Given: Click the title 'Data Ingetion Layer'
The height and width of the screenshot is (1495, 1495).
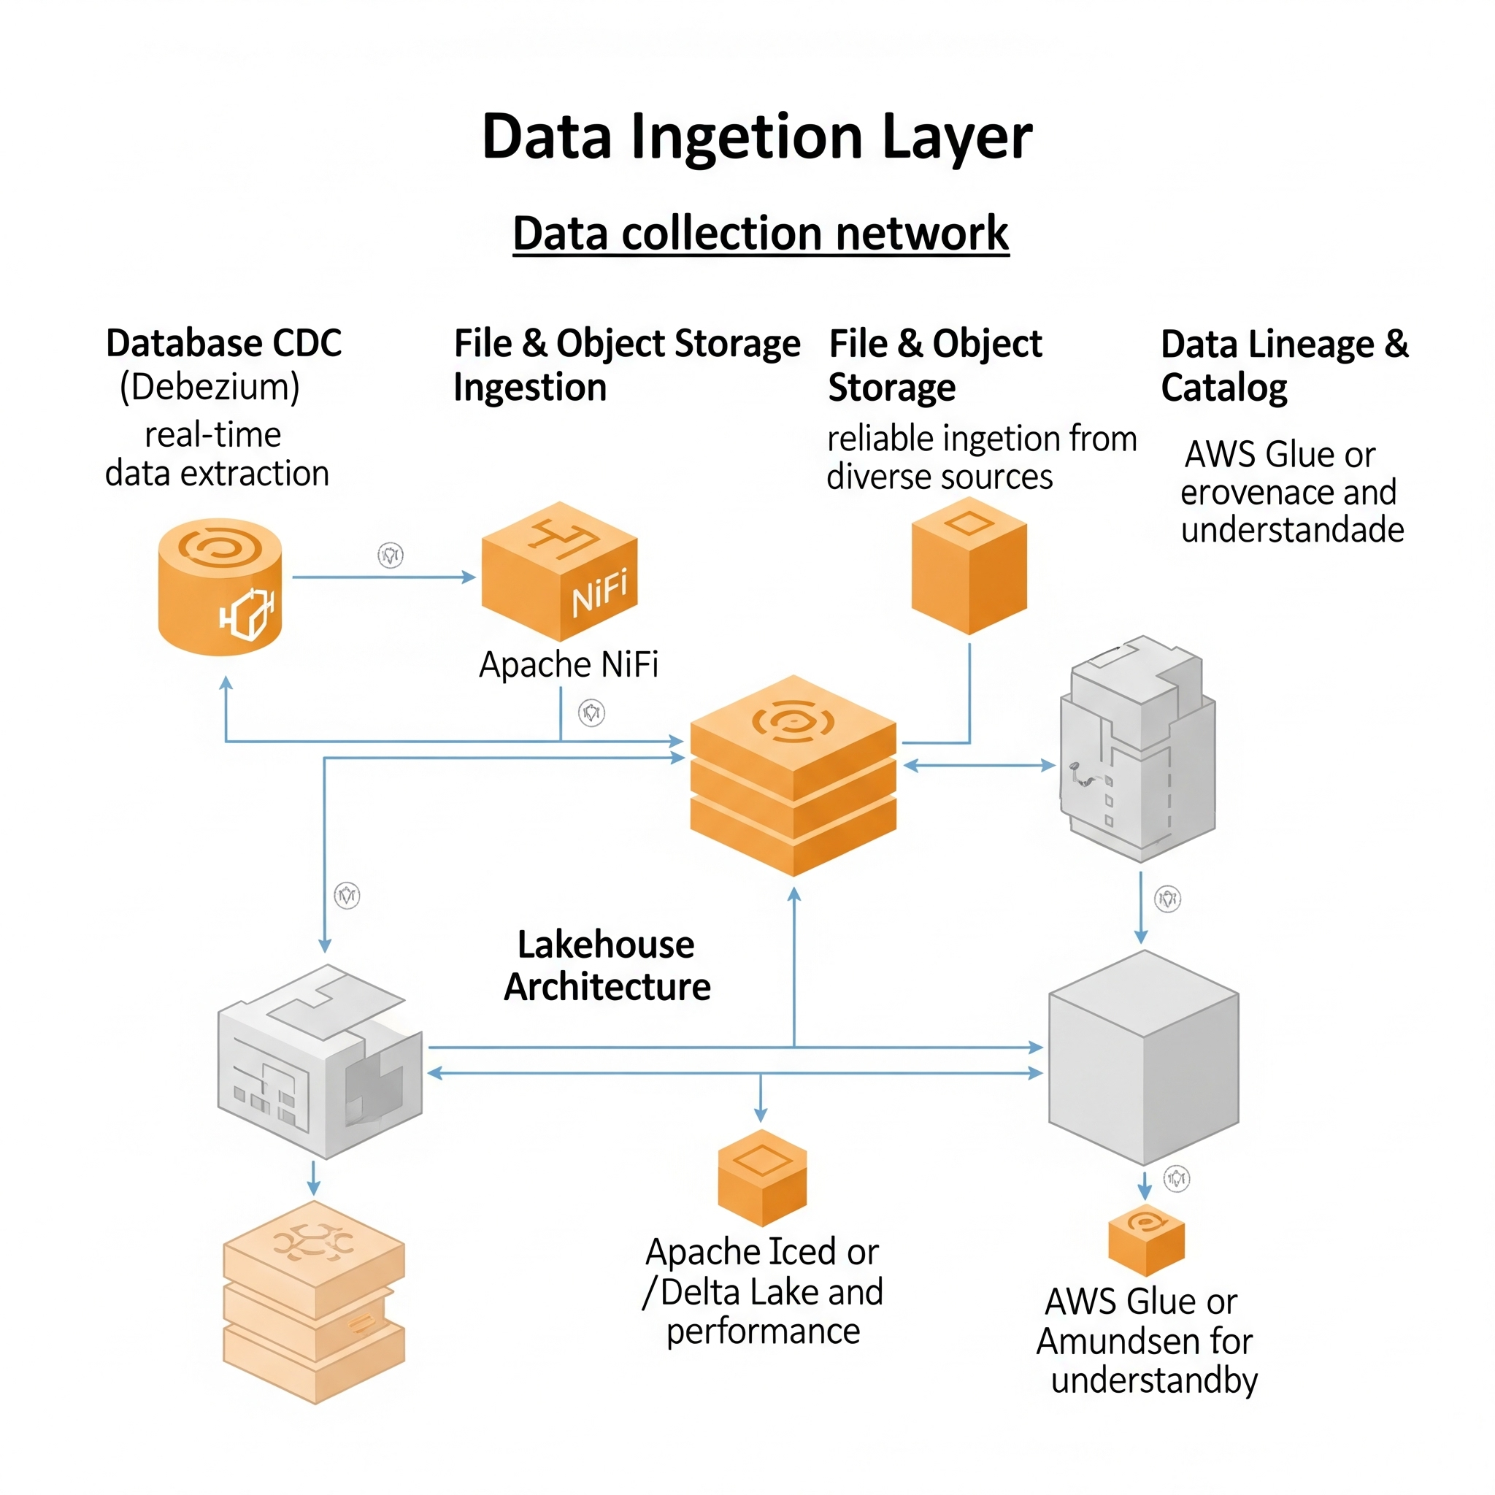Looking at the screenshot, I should (757, 137).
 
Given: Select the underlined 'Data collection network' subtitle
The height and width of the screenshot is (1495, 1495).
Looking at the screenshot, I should (761, 233).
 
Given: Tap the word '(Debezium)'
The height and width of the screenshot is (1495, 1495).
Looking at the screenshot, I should (210, 387).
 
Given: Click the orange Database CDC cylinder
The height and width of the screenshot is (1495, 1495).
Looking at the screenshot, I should (220, 587).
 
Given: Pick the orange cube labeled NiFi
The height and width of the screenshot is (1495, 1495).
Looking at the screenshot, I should (558, 571).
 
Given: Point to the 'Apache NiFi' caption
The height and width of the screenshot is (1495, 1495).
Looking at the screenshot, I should (568, 665).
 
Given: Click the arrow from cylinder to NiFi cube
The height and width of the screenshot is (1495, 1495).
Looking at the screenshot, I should (383, 577).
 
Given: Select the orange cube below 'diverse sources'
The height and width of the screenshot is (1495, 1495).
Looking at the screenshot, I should (969, 566).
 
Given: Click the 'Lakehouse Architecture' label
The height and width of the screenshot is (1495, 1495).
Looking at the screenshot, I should (607, 965).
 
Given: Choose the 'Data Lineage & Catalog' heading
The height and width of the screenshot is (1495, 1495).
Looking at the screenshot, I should (1285, 365).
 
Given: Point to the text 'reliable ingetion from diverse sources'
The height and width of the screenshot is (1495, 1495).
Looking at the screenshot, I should (981, 457).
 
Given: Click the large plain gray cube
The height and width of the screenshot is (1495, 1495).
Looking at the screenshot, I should (1143, 1058).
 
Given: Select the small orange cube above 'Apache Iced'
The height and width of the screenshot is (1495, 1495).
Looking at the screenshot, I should (762, 1177).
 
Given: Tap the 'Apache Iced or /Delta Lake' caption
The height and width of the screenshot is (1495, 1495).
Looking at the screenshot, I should (762, 1291).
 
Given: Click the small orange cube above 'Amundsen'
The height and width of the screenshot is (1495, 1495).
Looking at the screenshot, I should (1146, 1239).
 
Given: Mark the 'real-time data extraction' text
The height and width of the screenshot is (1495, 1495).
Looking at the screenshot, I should (217, 454).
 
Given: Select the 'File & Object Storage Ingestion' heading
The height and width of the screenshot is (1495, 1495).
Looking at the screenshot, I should (626, 365).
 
